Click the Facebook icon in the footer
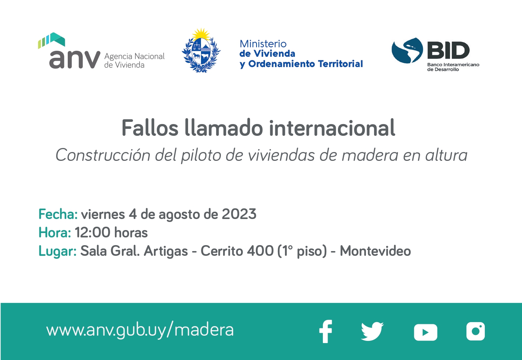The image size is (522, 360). point(326,332)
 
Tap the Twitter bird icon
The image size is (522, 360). point(372,332)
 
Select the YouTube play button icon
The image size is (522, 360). point(426,332)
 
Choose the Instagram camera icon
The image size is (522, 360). point(476,331)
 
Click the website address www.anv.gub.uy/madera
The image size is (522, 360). point(140,331)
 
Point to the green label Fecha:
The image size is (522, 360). point(58,214)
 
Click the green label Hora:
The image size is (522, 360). point(55,232)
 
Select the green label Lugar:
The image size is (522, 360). point(57,251)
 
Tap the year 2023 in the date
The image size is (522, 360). point(239,214)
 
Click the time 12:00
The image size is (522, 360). point(92,232)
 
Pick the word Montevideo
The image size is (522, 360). point(375,251)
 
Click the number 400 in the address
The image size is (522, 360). point(260,251)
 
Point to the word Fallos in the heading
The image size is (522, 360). point(150,128)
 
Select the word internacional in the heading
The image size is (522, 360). point(332,128)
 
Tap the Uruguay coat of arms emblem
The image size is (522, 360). point(201,50)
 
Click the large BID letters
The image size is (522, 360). point(448,50)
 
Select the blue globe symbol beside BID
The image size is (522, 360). point(407,50)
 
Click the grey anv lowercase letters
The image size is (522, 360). point(75,59)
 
